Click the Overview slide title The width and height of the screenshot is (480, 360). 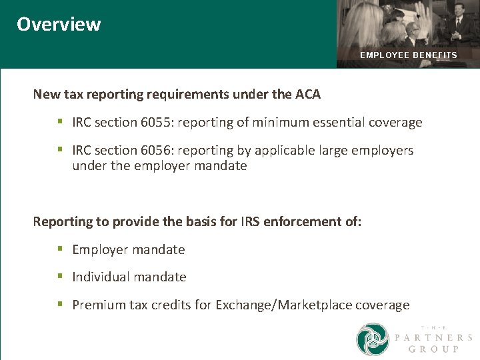[59, 24]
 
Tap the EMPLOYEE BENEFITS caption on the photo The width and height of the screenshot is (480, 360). [408, 55]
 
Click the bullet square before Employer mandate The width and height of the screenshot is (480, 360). [59, 249]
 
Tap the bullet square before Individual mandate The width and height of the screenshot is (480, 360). [59, 277]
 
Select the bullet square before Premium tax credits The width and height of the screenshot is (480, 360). [59, 305]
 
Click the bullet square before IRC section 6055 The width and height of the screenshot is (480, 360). [59, 122]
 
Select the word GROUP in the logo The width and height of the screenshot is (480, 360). [433, 349]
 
